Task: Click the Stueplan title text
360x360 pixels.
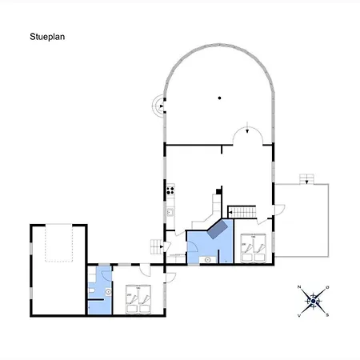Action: pyautogui.click(x=47, y=37)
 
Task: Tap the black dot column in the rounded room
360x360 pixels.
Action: pyautogui.click(x=219, y=98)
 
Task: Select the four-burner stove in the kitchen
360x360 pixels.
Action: pyautogui.click(x=170, y=190)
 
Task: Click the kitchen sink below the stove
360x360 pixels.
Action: pyautogui.click(x=170, y=212)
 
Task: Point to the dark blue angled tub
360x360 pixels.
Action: pyautogui.click(x=218, y=230)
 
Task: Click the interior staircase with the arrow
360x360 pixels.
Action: pyautogui.click(x=242, y=212)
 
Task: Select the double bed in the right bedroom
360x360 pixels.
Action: pyautogui.click(x=254, y=248)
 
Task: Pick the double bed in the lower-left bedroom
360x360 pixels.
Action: pyautogui.click(x=138, y=299)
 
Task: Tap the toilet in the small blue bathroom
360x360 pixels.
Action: pyautogui.click(x=91, y=291)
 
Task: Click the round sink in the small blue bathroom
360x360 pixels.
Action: pyautogui.click(x=108, y=292)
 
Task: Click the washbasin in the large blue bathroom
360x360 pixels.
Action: pyautogui.click(x=208, y=259)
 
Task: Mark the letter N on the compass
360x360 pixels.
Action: pyautogui.click(x=299, y=287)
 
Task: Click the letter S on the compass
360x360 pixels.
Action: pyautogui.click(x=327, y=315)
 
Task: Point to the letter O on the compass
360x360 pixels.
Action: pyautogui.click(x=327, y=287)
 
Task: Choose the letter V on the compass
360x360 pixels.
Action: pyautogui.click(x=299, y=315)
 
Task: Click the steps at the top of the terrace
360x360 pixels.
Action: pyautogui.click(x=306, y=179)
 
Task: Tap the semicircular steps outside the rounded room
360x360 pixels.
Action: pyautogui.click(x=158, y=106)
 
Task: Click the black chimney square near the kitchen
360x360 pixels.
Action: pyautogui.click(x=218, y=191)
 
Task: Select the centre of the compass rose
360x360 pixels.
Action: pyautogui.click(x=314, y=302)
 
